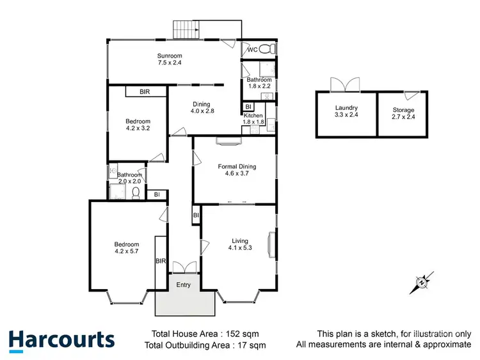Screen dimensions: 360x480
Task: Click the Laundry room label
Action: point(346,108)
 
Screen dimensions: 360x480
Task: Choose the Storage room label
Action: point(403,110)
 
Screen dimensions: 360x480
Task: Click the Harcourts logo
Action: point(61,340)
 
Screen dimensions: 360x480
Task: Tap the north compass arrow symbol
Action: point(422,281)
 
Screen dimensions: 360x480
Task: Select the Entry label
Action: point(184,285)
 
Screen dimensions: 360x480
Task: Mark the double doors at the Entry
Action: point(183,267)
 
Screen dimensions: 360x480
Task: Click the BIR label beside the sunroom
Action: point(145,92)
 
